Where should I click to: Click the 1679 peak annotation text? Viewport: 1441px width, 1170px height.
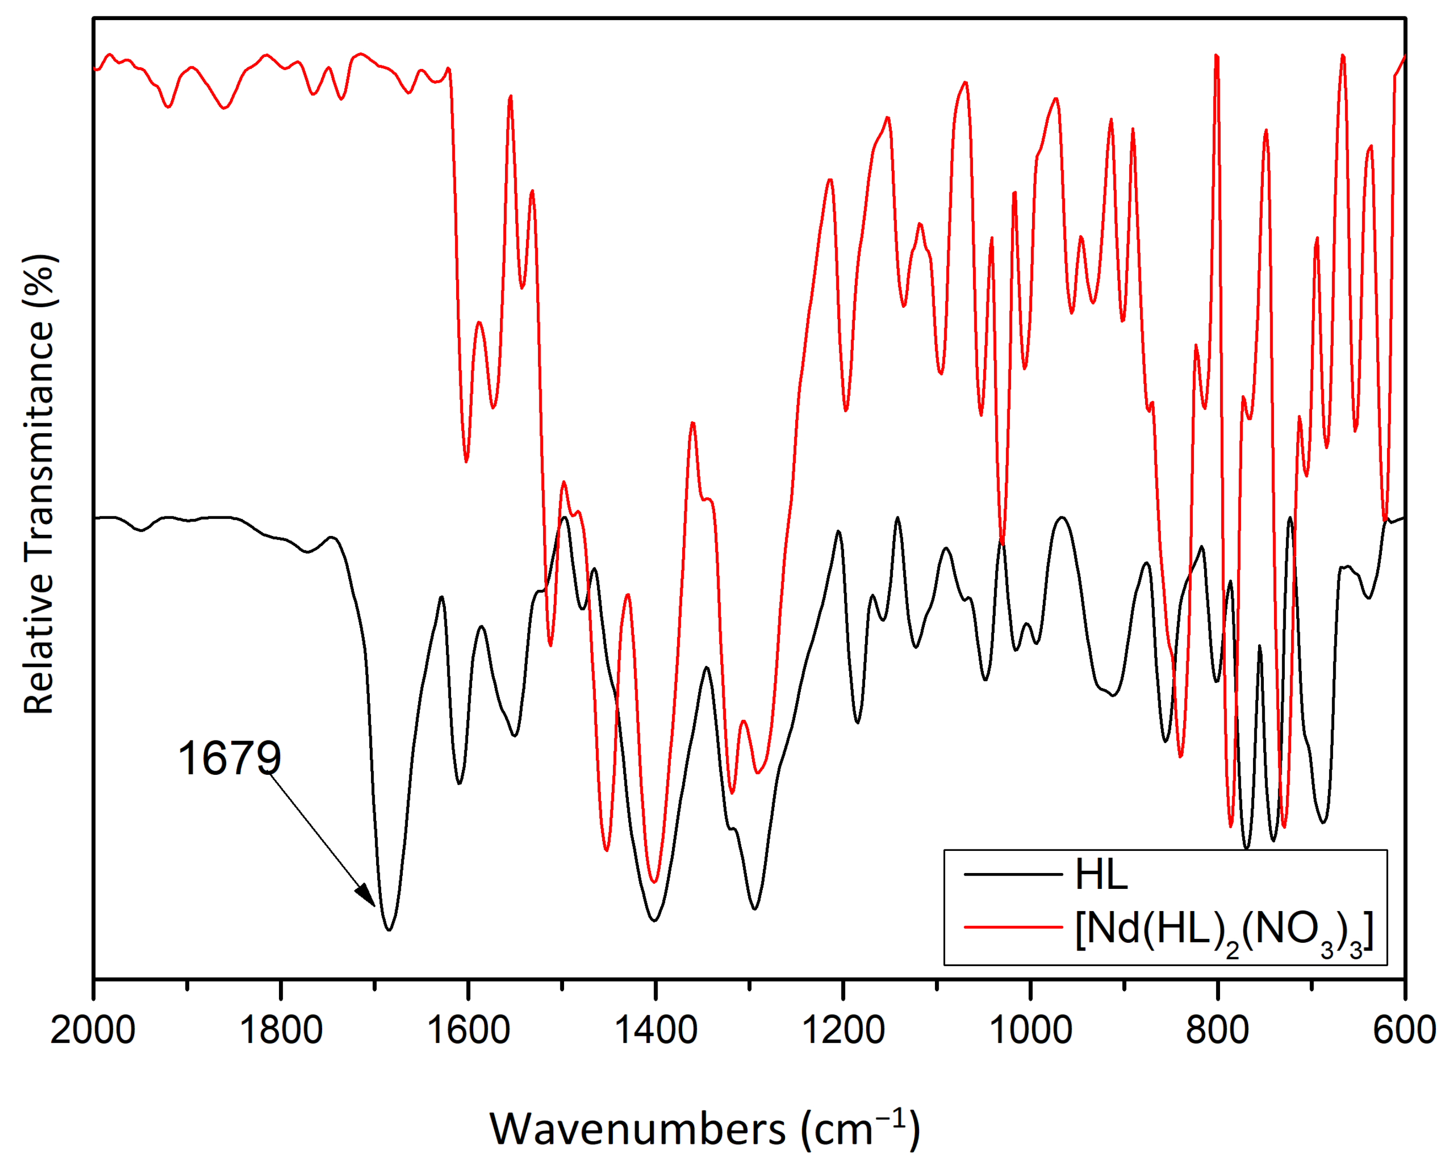coord(229,758)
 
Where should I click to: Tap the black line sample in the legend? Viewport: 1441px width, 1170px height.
coord(1013,875)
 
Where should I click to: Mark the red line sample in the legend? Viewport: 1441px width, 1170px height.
coord(1013,927)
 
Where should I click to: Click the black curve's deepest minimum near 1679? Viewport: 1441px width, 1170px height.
coord(389,930)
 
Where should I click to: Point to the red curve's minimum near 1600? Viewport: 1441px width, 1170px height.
coord(466,461)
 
